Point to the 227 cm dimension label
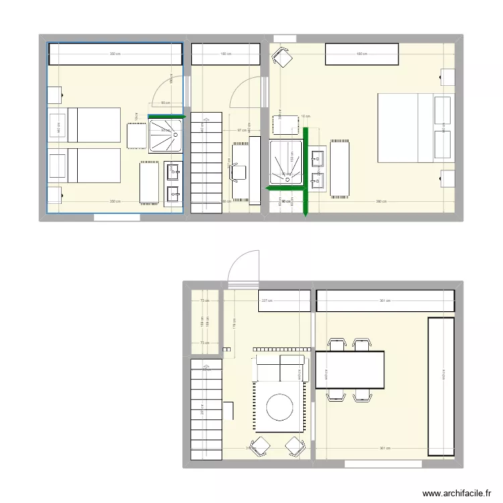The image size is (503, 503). (266, 301)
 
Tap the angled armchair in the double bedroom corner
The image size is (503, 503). (282, 59)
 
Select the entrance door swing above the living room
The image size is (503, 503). (243, 268)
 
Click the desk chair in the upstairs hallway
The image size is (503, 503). (239, 172)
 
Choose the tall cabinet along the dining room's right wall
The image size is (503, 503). (441, 386)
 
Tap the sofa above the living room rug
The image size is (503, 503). (280, 368)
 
